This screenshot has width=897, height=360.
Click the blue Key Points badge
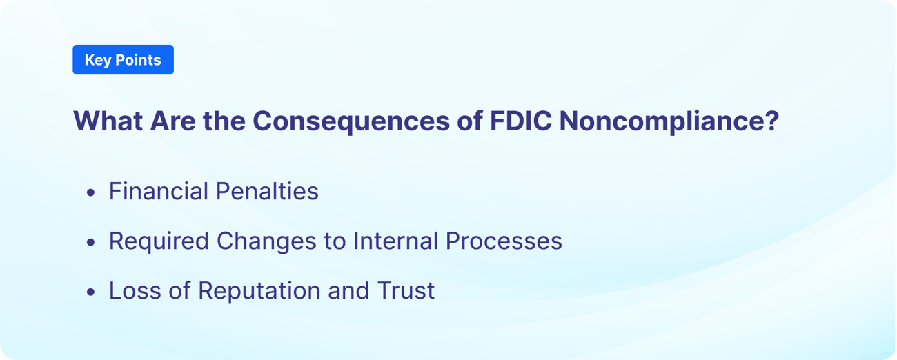click(x=123, y=60)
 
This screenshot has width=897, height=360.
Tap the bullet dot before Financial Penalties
click(x=91, y=193)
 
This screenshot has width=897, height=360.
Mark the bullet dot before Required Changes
click(x=91, y=243)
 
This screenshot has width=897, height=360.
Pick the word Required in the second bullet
click(x=159, y=241)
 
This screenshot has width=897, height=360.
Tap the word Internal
click(x=396, y=241)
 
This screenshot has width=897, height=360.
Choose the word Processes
click(x=504, y=241)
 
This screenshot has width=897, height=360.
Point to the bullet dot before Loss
click(x=91, y=292)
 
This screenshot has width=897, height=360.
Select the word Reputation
click(x=259, y=291)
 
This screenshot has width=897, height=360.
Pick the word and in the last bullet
click(x=349, y=290)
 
